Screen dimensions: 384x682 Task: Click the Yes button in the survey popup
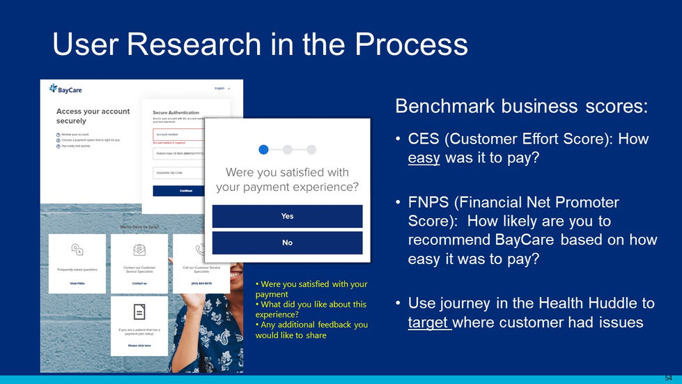coord(287,216)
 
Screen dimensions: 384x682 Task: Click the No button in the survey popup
coord(287,243)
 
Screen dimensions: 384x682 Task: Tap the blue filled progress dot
coord(263,149)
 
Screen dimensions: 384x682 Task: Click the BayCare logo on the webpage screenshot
coord(65,89)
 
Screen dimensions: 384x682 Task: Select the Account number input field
coord(178,135)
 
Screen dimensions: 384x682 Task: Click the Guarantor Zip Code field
coord(178,173)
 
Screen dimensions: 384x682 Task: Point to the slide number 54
coord(668,377)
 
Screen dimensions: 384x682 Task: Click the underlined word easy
coord(424,158)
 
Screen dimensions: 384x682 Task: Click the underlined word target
coord(429,322)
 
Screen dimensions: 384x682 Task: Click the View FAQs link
coord(77,284)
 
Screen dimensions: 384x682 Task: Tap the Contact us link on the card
coord(139,284)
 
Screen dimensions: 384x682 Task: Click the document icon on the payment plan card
coord(139,312)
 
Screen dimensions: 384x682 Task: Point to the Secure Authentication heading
coord(176,112)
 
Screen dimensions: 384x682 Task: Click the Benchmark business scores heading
coord(522,106)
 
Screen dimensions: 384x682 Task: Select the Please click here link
coord(139,346)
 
